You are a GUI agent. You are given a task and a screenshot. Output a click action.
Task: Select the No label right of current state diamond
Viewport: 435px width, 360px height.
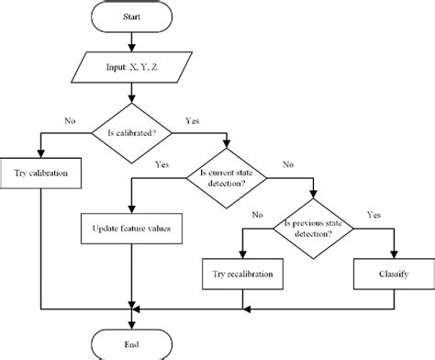(x=287, y=166)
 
